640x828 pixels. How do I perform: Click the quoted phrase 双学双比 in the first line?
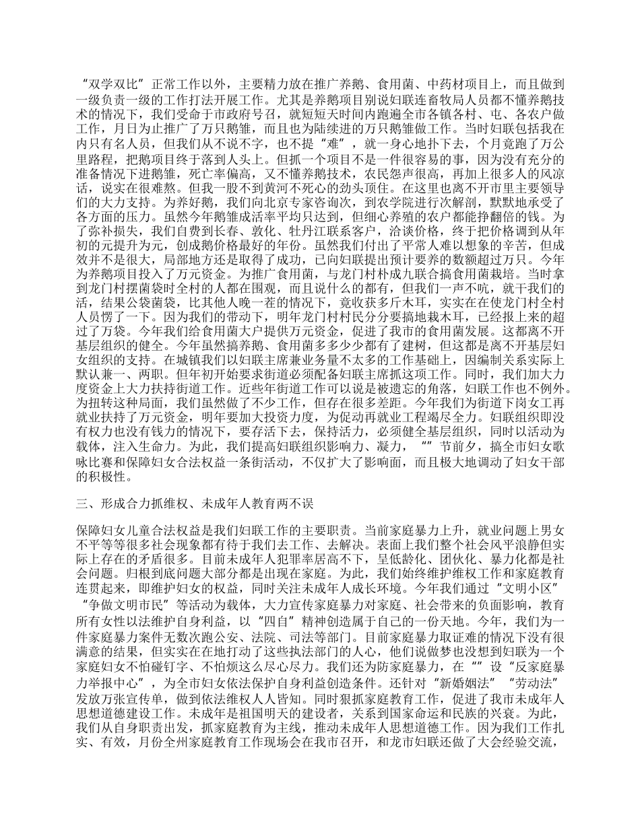point(114,85)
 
